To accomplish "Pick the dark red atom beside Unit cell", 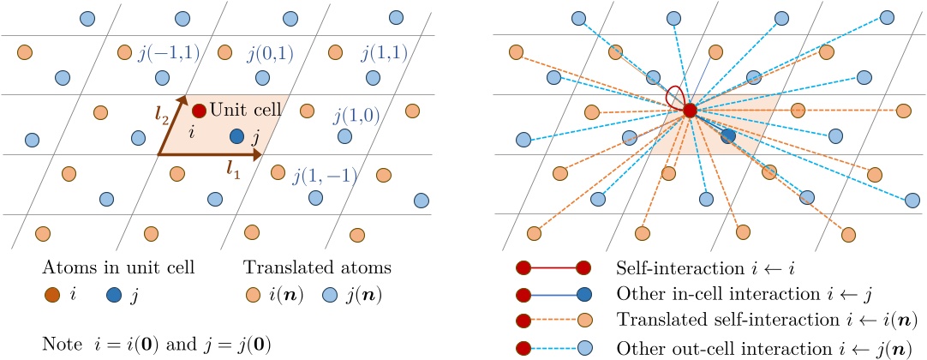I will [199, 111].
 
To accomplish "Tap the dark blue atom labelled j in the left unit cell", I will [237, 135].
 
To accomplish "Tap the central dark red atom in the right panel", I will [690, 110].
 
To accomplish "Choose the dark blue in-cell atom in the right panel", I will [728, 135].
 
